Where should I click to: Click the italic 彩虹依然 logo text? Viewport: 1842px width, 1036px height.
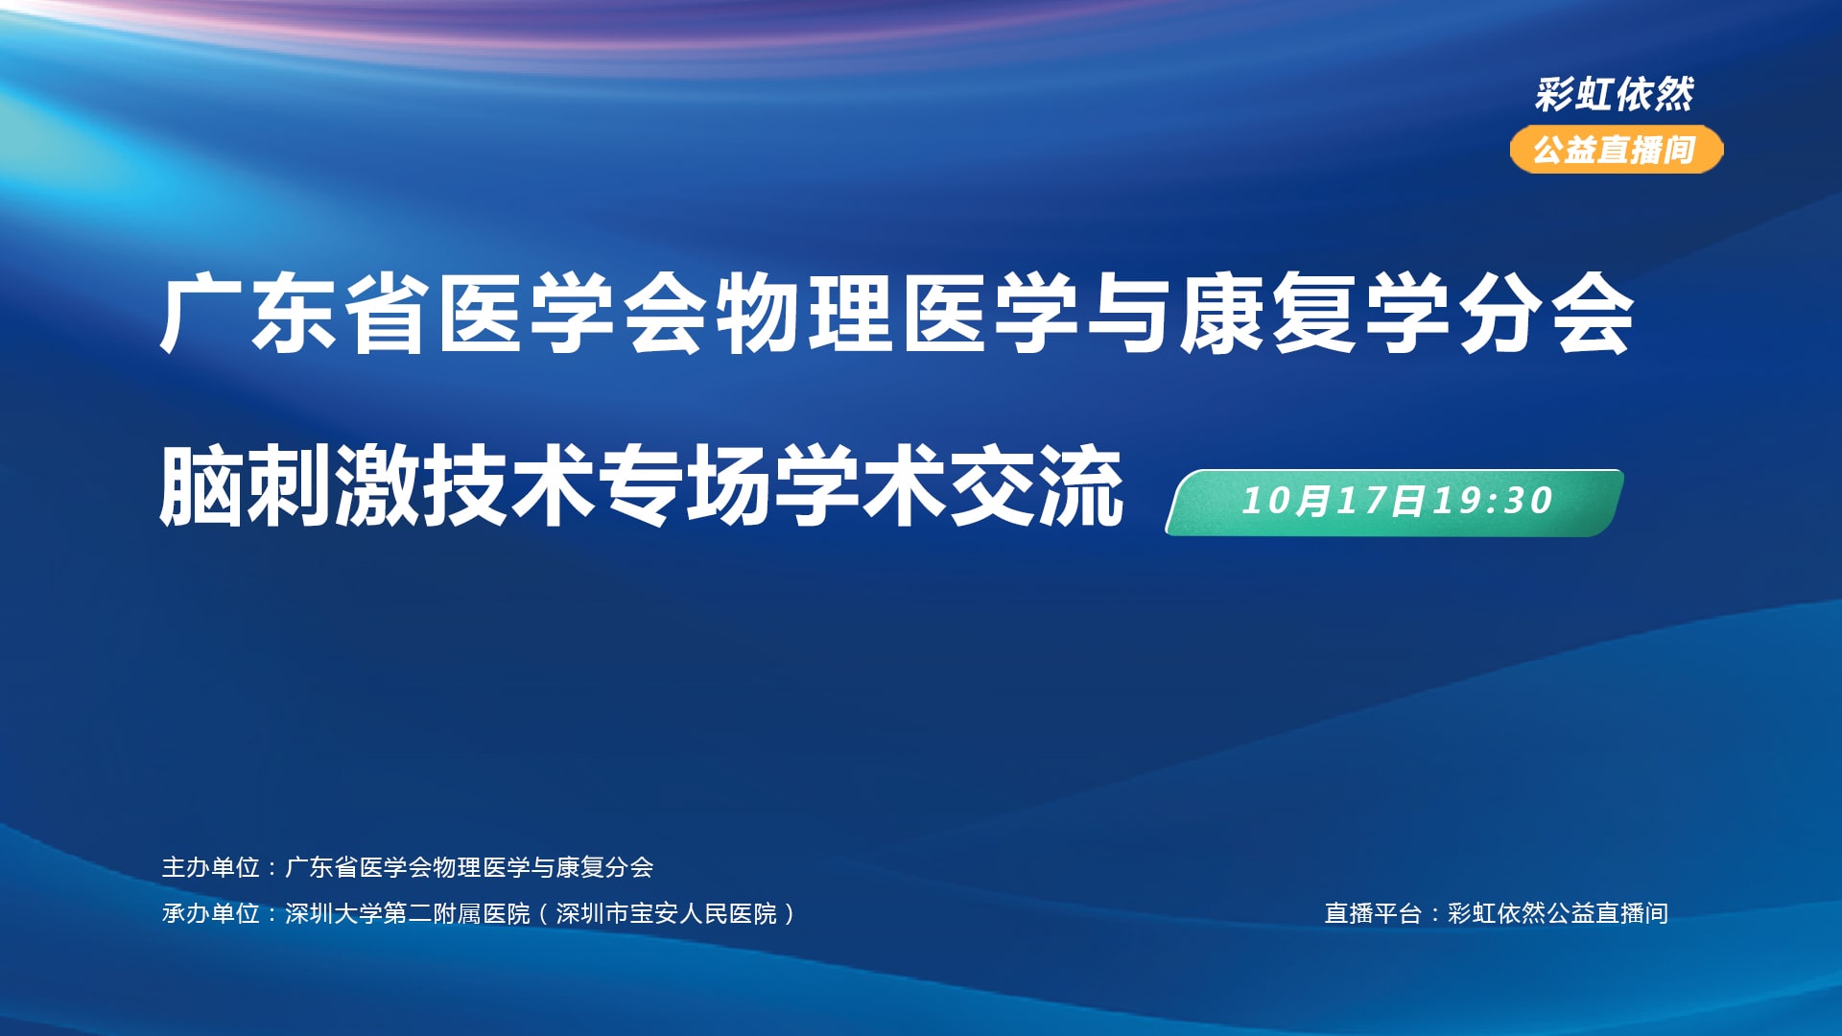pyautogui.click(x=1615, y=94)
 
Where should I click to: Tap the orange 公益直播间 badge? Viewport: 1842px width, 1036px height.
pyautogui.click(x=1617, y=150)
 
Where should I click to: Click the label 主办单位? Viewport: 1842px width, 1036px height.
pyautogui.click(x=211, y=867)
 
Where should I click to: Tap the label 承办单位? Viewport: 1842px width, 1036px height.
pyautogui.click(x=211, y=913)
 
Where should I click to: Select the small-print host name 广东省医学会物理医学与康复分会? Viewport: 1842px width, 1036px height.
pyautogui.click(x=469, y=867)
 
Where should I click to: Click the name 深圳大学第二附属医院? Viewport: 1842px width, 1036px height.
pyautogui.click(x=408, y=913)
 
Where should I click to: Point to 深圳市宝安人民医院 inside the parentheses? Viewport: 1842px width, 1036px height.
pyautogui.click(x=667, y=913)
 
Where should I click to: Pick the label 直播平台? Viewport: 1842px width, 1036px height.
pyautogui.click(x=1373, y=913)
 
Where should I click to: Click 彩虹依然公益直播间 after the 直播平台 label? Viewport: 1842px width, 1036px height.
pyautogui.click(x=1558, y=913)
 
